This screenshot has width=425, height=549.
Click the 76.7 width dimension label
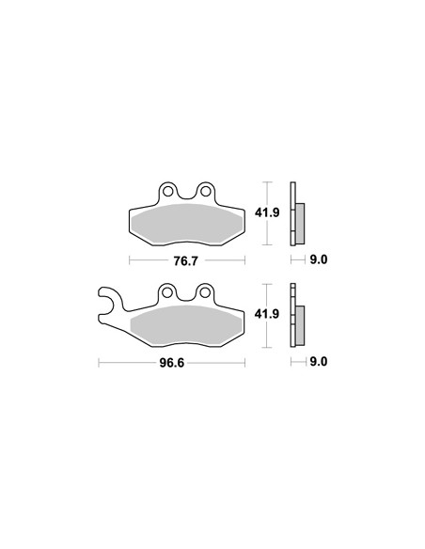click(186, 260)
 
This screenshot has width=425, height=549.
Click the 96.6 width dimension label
click(172, 363)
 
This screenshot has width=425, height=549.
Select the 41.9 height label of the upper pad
click(267, 212)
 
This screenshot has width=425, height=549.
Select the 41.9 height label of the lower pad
click(267, 314)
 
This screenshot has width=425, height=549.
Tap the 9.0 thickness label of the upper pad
click(319, 259)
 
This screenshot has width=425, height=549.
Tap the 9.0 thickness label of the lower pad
click(319, 361)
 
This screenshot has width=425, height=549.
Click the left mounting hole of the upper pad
click(167, 192)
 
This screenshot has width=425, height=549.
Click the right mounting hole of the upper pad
click(205, 192)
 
